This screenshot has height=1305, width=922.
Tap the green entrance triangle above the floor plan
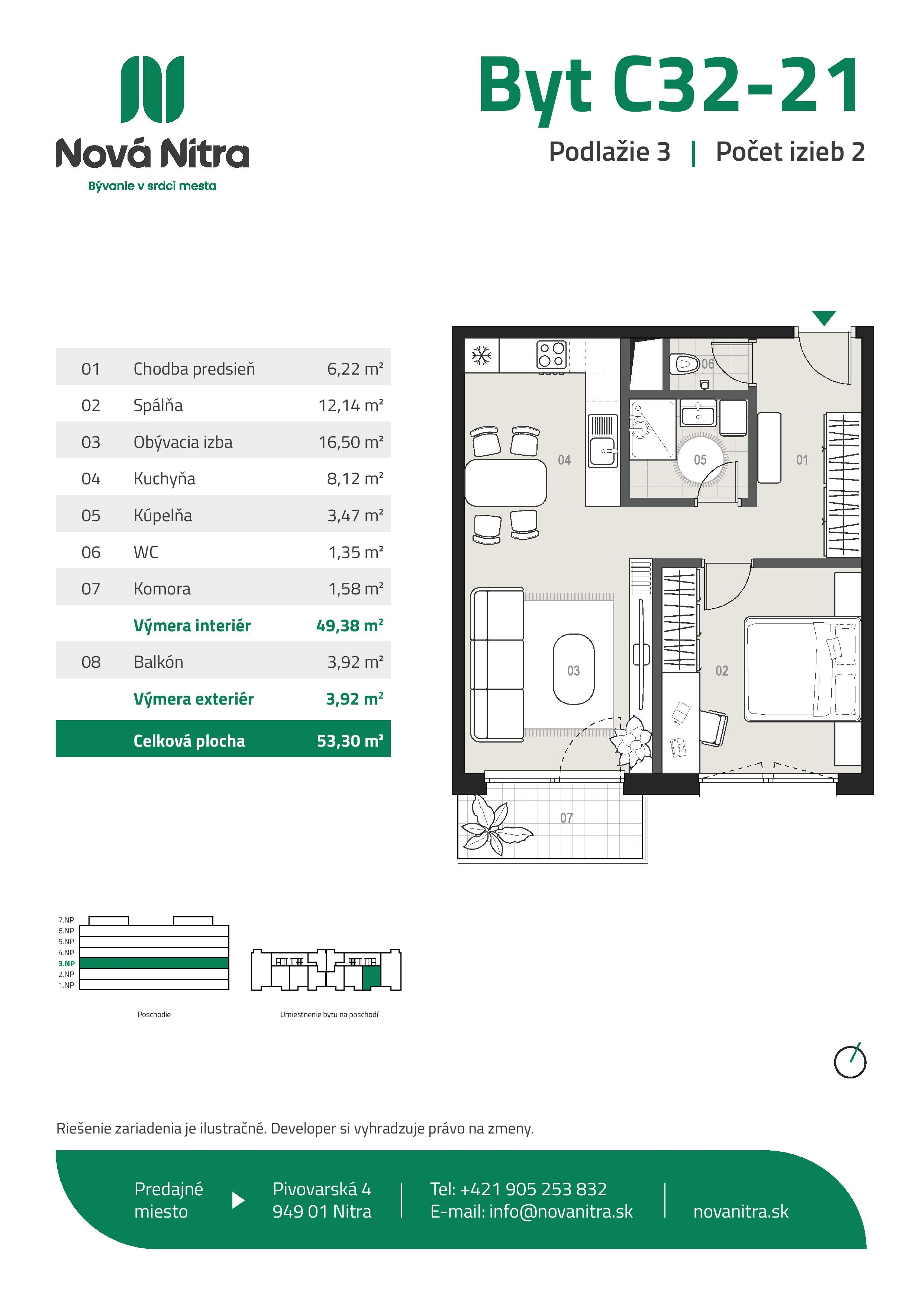(824, 317)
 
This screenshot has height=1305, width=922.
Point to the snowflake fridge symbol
(482, 356)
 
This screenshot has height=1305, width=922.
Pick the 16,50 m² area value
(351, 442)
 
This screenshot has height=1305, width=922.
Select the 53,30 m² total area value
(350, 741)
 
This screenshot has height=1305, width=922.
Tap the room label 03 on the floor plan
(573, 671)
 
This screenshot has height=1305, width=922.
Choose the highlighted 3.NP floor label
(67, 963)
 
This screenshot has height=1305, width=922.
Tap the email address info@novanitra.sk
(561, 1211)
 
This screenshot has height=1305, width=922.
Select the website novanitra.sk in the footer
(741, 1211)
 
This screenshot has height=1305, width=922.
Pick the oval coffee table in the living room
(574, 669)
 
